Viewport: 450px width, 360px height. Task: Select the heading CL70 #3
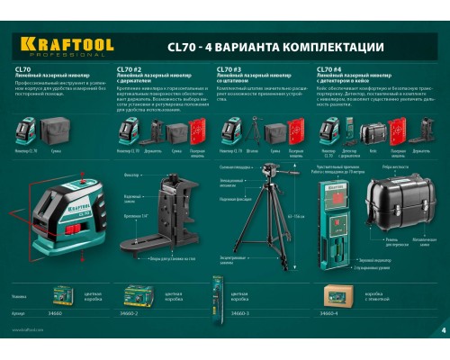[x=228, y=68]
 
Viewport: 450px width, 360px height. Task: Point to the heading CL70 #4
[x=328, y=68]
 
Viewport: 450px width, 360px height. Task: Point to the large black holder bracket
[x=171, y=220]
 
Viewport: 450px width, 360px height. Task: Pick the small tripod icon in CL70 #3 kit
[x=256, y=132]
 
